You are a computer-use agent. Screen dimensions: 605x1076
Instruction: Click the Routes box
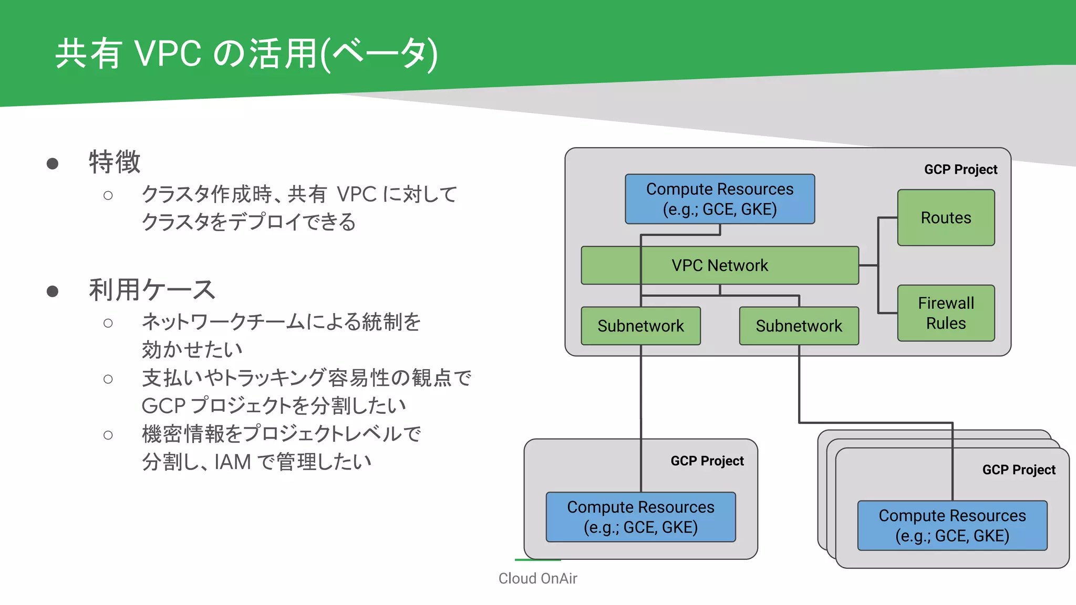(x=946, y=217)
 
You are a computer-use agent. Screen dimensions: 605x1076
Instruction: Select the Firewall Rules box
(x=946, y=313)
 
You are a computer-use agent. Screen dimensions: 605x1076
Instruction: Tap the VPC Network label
(x=719, y=266)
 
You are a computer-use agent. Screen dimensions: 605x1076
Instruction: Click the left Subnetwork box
(x=640, y=326)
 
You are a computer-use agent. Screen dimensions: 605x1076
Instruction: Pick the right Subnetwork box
(x=799, y=326)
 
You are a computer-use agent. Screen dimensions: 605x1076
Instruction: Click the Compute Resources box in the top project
(x=719, y=199)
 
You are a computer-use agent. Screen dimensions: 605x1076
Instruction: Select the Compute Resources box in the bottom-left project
(x=640, y=517)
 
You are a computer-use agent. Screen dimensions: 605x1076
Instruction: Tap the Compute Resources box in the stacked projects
(x=952, y=526)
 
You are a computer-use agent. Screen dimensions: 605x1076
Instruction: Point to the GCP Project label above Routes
(x=960, y=170)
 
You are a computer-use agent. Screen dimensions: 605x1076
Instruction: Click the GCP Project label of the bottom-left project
(x=707, y=461)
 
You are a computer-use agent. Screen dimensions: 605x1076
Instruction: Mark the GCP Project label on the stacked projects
(x=1018, y=470)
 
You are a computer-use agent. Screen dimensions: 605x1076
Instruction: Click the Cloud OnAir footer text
(x=537, y=578)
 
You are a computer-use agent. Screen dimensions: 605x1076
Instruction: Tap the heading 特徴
(x=115, y=162)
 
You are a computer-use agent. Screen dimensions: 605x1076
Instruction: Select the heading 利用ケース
(x=152, y=290)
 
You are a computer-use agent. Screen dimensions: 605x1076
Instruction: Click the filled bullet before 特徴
(x=53, y=164)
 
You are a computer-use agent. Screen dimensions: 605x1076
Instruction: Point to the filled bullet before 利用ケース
(x=53, y=291)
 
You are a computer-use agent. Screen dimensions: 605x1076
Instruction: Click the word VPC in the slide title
(x=168, y=54)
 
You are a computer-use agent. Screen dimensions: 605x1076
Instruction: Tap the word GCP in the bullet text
(x=163, y=406)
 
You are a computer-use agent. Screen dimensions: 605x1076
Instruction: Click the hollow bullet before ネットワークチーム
(x=108, y=324)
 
